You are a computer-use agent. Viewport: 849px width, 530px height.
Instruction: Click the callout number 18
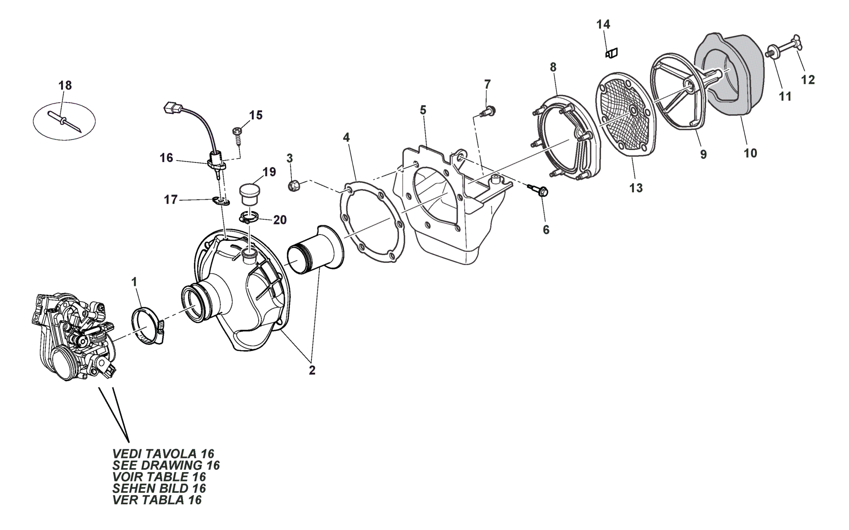[65, 85]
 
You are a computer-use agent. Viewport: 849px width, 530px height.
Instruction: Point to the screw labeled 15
[239, 133]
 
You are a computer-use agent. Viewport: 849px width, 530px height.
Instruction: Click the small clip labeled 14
[612, 53]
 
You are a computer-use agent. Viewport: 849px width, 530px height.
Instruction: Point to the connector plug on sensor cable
[170, 109]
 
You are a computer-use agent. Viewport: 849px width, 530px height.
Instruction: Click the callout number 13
[636, 188]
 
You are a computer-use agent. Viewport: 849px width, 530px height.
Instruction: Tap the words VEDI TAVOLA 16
[163, 453]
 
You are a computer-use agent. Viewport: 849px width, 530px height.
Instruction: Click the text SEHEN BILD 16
[159, 489]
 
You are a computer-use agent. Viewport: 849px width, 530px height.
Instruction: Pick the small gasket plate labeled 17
[221, 200]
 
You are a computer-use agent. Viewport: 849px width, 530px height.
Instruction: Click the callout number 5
[423, 110]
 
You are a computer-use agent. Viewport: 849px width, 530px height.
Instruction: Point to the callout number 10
[750, 153]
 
